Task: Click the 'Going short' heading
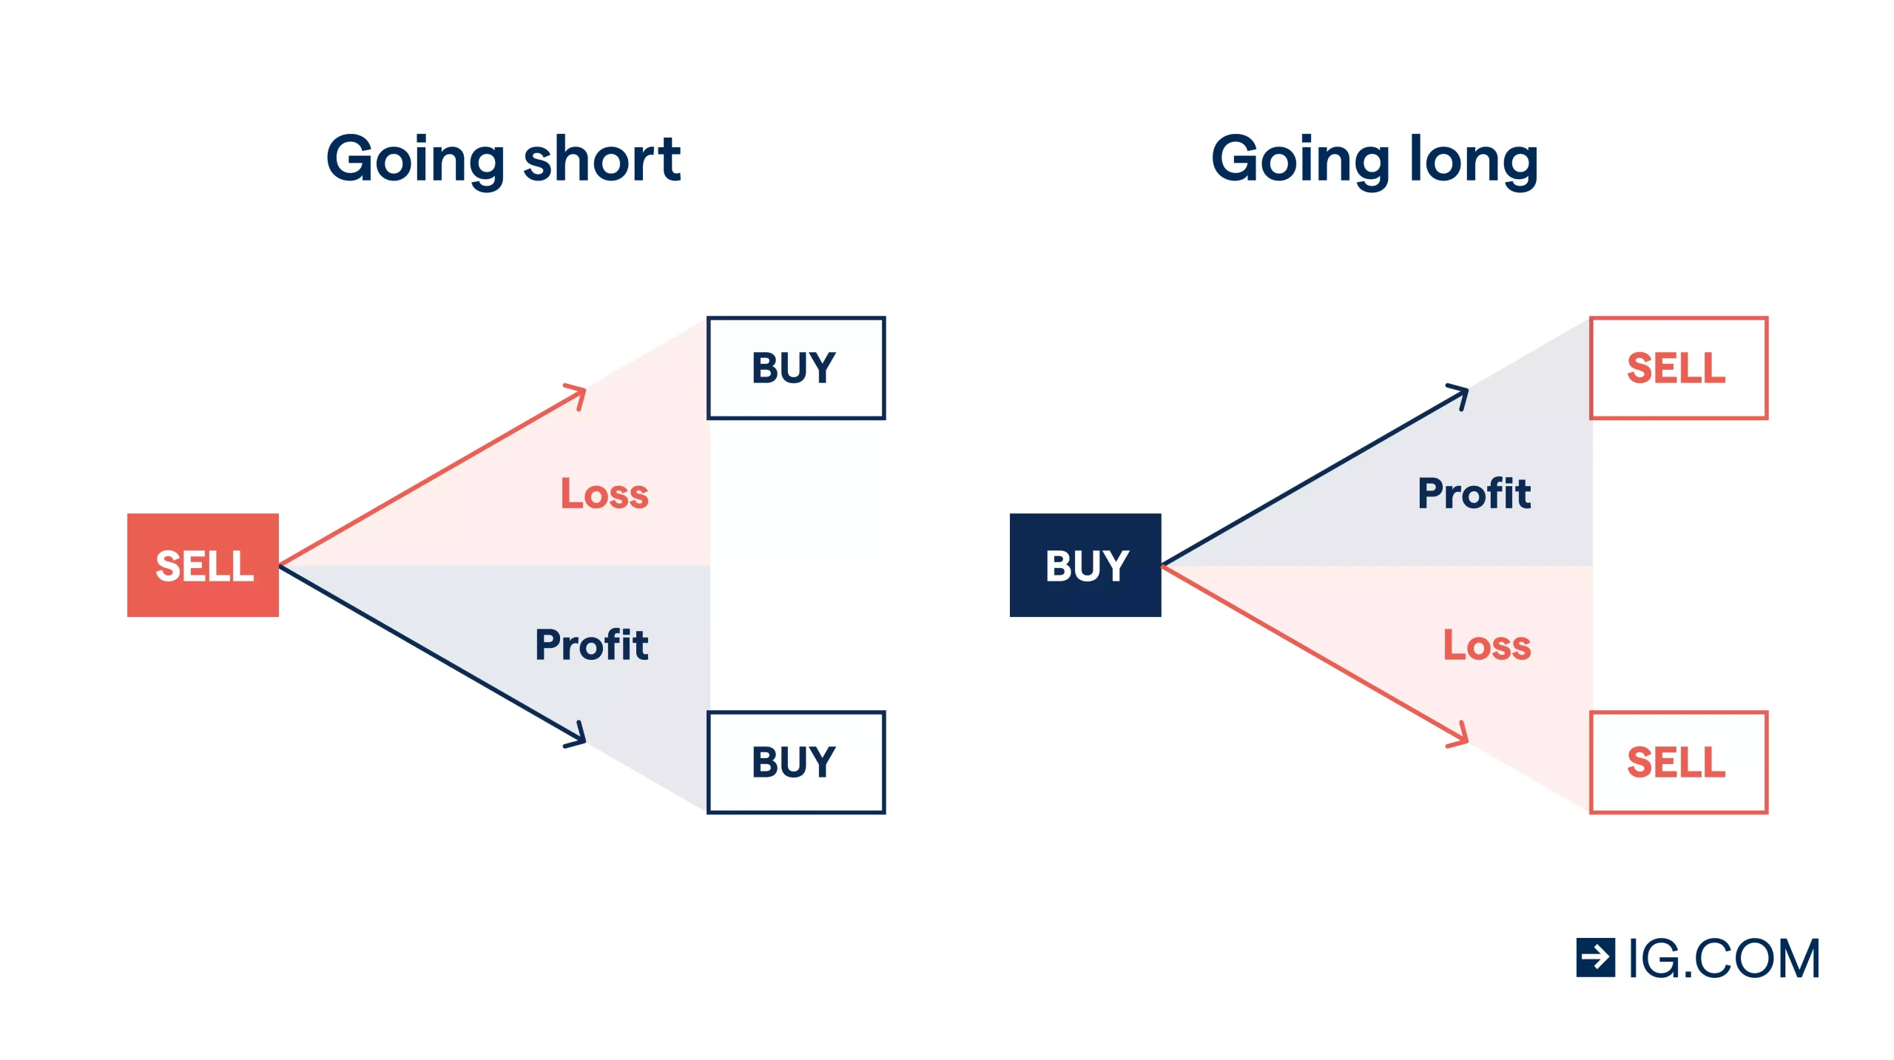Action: coord(503,161)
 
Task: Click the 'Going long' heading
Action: coord(1375,161)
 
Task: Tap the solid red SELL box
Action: coord(203,565)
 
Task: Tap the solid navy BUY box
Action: coord(1085,565)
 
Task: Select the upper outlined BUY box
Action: coord(796,368)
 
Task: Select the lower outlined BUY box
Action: coord(796,763)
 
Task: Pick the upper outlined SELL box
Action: coord(1679,368)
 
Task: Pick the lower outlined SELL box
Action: coord(1679,763)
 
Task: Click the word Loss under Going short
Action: coord(604,493)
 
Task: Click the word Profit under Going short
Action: coord(592,644)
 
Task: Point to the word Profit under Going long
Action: coord(1475,493)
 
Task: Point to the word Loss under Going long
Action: coord(1487,644)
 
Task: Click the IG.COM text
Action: coord(1725,959)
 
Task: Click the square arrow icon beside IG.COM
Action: coord(1596,958)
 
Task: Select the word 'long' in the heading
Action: coord(1474,161)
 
